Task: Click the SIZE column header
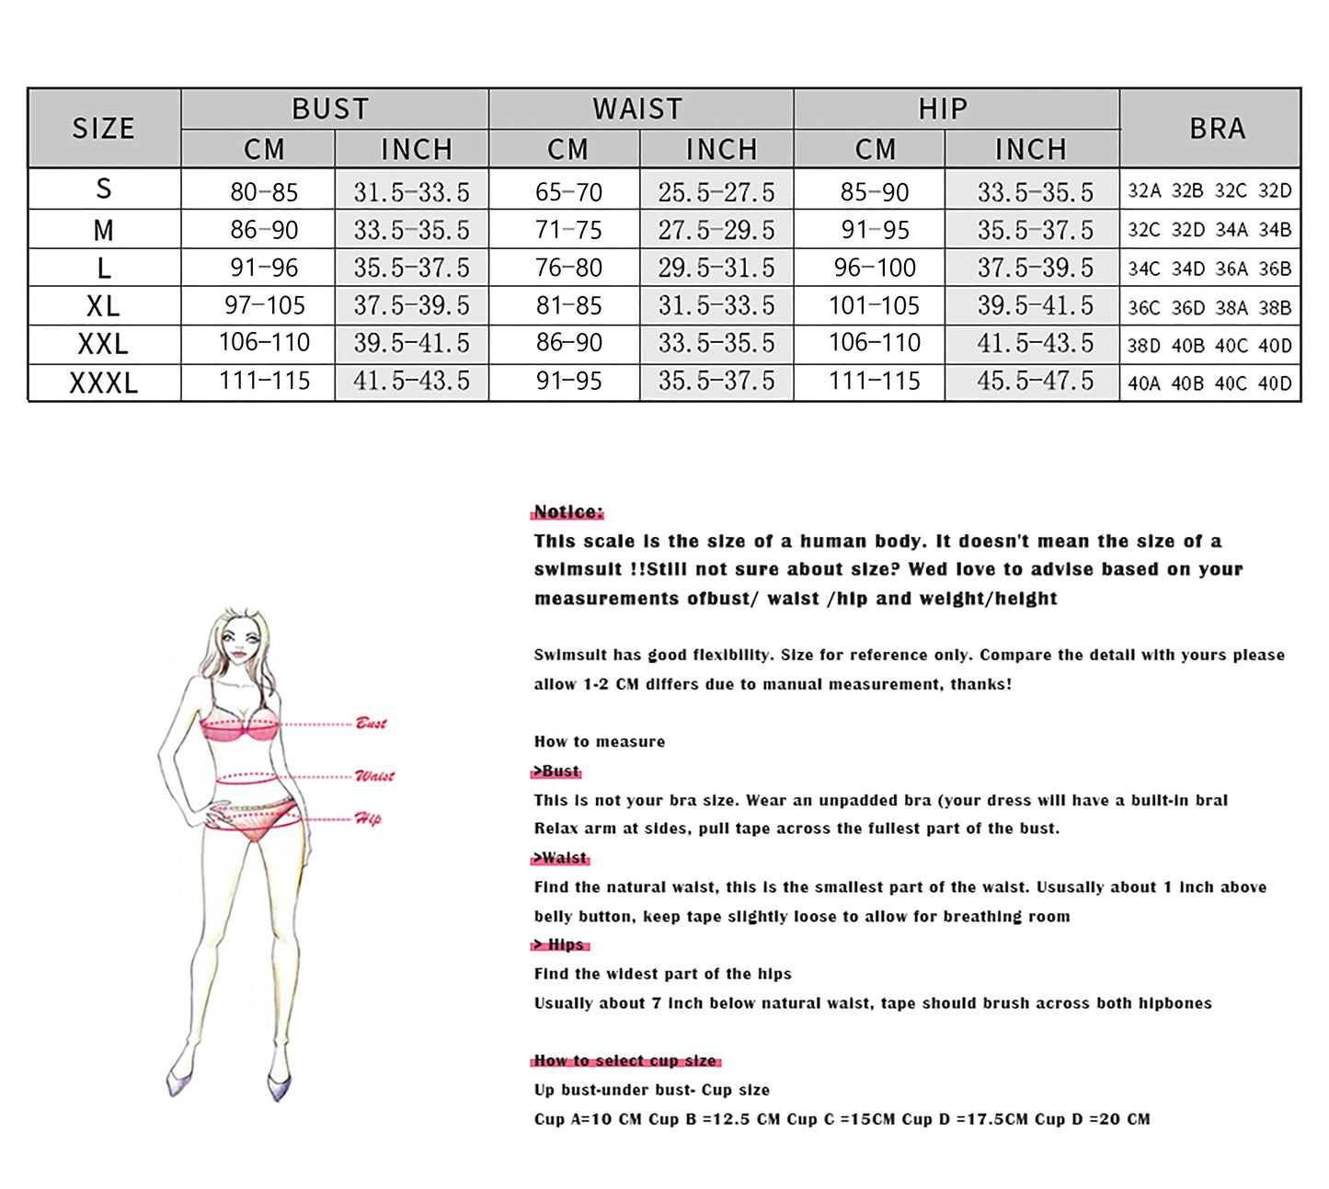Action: pyautogui.click(x=104, y=128)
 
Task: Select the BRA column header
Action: pyautogui.click(x=1217, y=128)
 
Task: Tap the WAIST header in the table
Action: pyautogui.click(x=638, y=109)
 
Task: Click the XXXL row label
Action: pyautogui.click(x=104, y=383)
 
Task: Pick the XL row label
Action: pyautogui.click(x=104, y=305)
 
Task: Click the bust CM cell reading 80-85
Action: pyautogui.click(x=264, y=191)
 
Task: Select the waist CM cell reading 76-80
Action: pyautogui.click(x=568, y=268)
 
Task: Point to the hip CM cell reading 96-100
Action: pyautogui.click(x=875, y=268)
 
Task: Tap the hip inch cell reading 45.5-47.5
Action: pyautogui.click(x=1035, y=381)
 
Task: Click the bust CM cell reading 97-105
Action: pyautogui.click(x=264, y=305)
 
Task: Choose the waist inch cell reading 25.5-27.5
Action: pyautogui.click(x=716, y=191)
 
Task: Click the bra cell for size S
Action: pyautogui.click(x=1209, y=191)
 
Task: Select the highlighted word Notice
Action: pyautogui.click(x=568, y=512)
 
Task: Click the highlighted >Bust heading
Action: pyautogui.click(x=557, y=772)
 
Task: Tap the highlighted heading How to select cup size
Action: pyautogui.click(x=625, y=1061)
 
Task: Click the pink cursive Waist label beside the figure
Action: pyautogui.click(x=374, y=776)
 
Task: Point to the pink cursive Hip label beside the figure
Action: pyautogui.click(x=368, y=818)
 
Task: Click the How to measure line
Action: pyautogui.click(x=600, y=742)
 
